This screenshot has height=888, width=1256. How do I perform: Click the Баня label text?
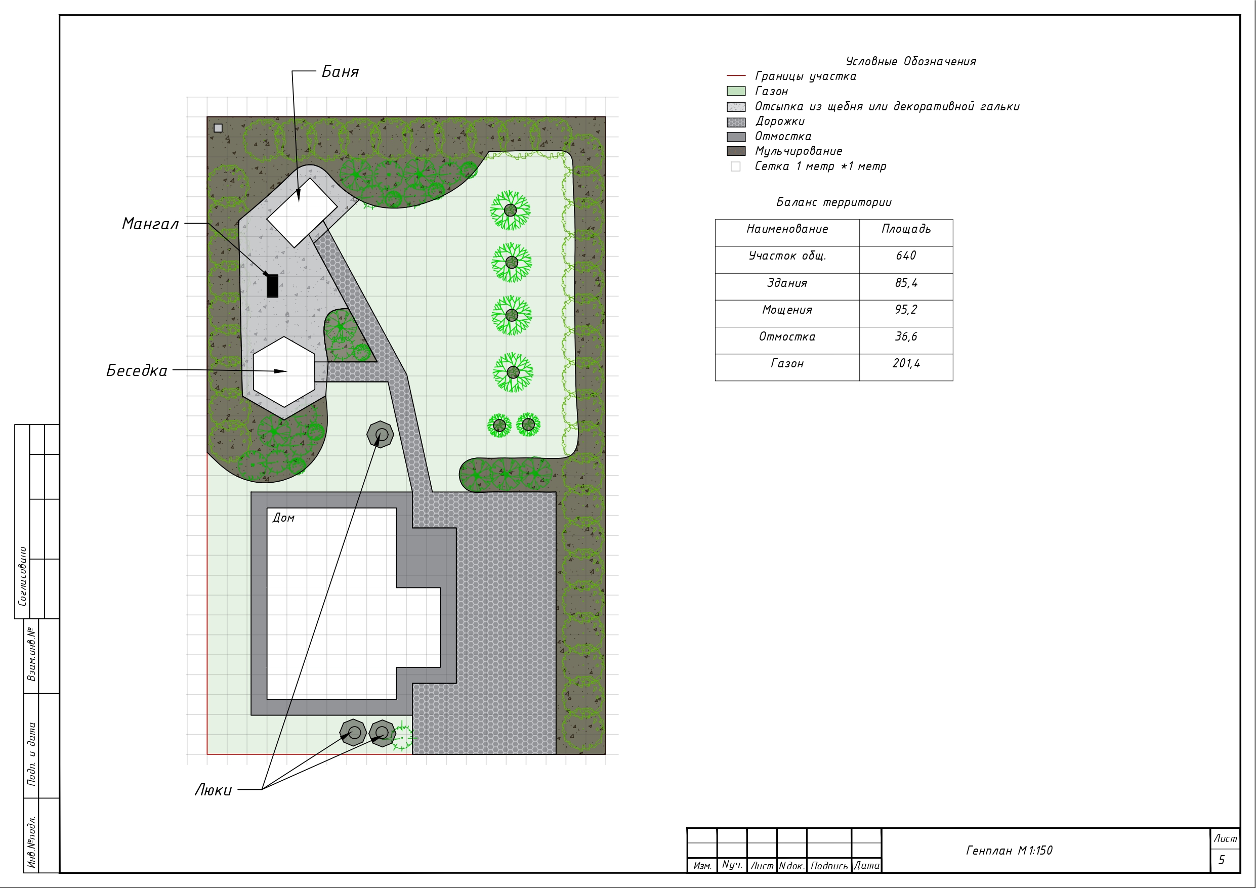pyautogui.click(x=340, y=72)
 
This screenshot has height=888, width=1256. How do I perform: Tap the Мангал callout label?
pyautogui.click(x=150, y=224)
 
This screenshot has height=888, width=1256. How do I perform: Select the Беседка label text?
pyautogui.click(x=137, y=371)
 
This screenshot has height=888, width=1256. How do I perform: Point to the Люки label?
pyautogui.click(x=214, y=790)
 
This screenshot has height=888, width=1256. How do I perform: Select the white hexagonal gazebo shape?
pyautogui.click(x=284, y=372)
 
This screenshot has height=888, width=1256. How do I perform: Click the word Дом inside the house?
pyautogui.click(x=283, y=518)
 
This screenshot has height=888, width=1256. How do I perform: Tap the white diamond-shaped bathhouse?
pyautogui.click(x=302, y=213)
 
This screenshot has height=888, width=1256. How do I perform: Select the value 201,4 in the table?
pyautogui.click(x=906, y=363)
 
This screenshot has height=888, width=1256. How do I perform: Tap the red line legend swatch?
pyautogui.click(x=736, y=76)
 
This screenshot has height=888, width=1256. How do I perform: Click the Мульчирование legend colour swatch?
pyautogui.click(x=736, y=151)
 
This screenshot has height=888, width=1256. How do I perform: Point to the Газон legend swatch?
pyautogui.click(x=736, y=92)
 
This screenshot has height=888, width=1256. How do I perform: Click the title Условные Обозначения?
pyautogui.click(x=911, y=61)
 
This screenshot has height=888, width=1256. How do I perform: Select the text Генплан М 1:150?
pyautogui.click(x=1009, y=851)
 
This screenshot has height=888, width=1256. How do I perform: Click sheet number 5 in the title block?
pyautogui.click(x=1222, y=861)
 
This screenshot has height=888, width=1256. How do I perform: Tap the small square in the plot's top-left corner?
pyautogui.click(x=218, y=128)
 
